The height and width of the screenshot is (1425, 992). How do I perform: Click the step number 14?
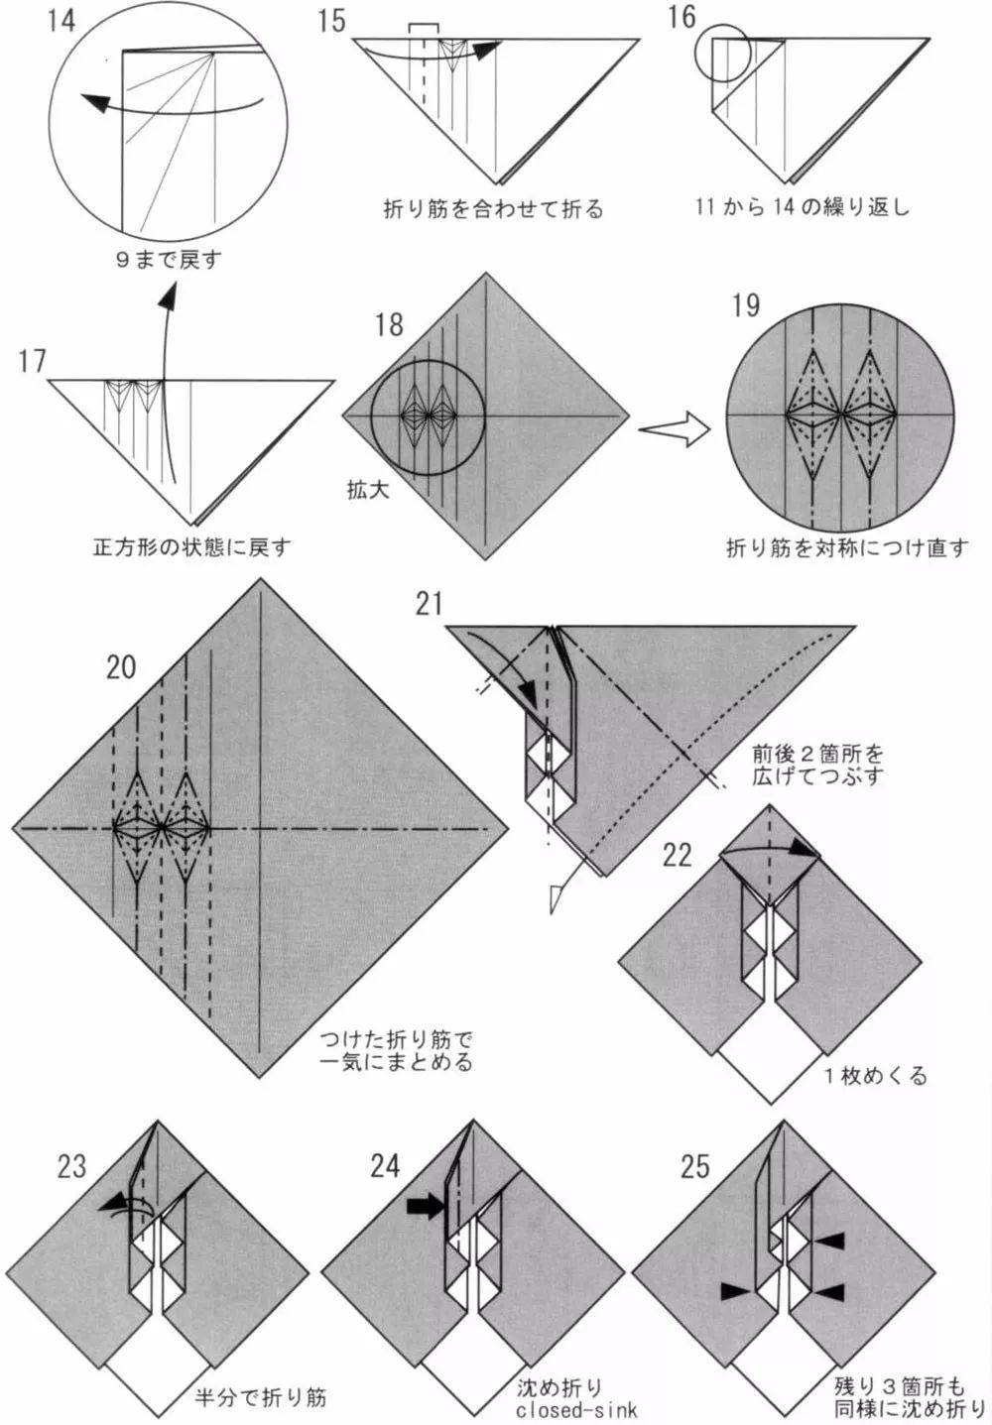pyautogui.click(x=61, y=19)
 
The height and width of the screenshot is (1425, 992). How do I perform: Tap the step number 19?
pyautogui.click(x=745, y=304)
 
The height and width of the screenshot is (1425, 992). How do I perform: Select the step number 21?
pyautogui.click(x=430, y=603)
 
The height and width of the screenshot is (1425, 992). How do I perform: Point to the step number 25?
pyautogui.click(x=694, y=1166)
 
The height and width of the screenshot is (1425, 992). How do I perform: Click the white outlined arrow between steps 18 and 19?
pyautogui.click(x=675, y=429)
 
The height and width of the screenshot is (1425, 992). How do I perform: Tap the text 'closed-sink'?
pyautogui.click(x=575, y=1408)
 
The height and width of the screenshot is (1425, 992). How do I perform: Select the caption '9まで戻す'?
pyautogui.click(x=168, y=260)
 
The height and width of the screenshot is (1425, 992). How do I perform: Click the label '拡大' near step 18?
pyautogui.click(x=367, y=489)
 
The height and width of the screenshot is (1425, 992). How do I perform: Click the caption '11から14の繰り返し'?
pyautogui.click(x=802, y=208)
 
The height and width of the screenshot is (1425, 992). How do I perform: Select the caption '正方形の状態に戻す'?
pyautogui.click(x=191, y=547)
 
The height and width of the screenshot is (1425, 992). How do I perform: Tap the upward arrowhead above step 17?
pyautogui.click(x=170, y=297)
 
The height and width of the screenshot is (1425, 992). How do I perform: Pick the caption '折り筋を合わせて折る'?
pyautogui.click(x=493, y=209)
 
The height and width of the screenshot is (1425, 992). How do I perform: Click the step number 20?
pyautogui.click(x=120, y=666)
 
